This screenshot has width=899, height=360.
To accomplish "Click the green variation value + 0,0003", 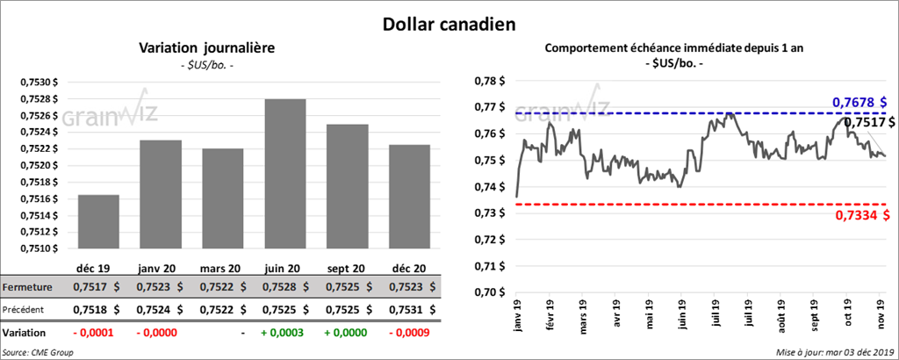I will pyautogui.click(x=282, y=334).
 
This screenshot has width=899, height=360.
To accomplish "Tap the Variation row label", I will pyautogui.click(x=25, y=334).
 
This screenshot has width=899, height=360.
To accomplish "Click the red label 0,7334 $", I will pyautogui.click(x=859, y=216).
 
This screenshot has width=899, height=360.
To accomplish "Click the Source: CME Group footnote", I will pyautogui.click(x=38, y=352).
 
